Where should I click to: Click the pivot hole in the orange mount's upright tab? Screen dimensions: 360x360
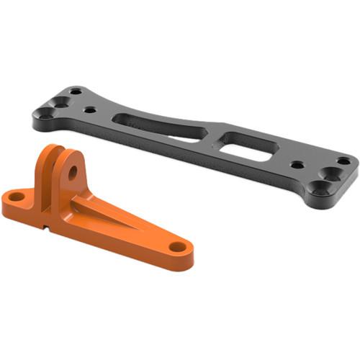pos(73,173)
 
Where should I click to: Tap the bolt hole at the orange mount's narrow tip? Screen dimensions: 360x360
pos(177,247)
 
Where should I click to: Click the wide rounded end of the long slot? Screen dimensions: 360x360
pos(130,120)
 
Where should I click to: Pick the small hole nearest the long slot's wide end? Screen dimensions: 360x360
pos(91,111)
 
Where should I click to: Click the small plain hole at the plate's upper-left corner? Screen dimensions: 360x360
pos(75,91)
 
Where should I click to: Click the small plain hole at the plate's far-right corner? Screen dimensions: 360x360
pos(343,161)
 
